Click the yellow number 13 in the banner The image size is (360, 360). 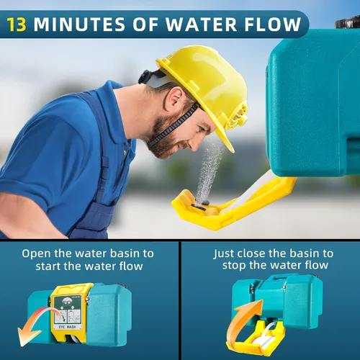(x=17, y=24)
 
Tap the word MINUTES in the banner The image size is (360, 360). (x=79, y=24)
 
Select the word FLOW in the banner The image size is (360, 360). (x=272, y=24)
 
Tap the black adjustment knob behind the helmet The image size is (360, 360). (x=143, y=76)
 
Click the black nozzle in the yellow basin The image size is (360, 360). (x=201, y=205)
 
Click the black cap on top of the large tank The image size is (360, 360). (x=347, y=22)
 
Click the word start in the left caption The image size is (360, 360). (x=48, y=266)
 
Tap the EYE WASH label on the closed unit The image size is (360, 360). (x=68, y=327)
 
